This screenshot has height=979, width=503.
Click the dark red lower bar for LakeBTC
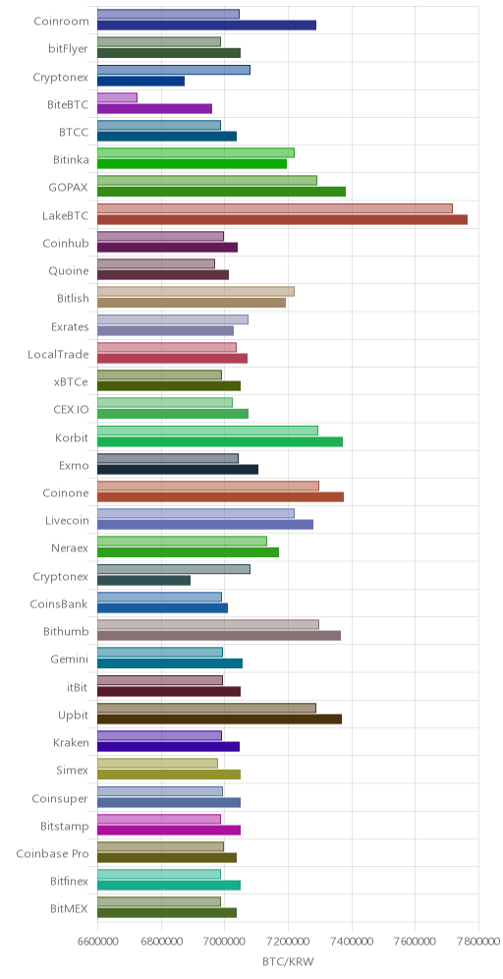(282, 219)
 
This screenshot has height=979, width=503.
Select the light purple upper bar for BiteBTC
(117, 97)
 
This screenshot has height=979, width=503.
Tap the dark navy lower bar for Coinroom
(206, 25)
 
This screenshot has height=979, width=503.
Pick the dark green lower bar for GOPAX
(222, 192)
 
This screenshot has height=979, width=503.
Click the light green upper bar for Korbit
(208, 431)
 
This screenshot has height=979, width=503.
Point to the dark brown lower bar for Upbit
(220, 720)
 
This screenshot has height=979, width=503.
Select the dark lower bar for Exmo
(178, 470)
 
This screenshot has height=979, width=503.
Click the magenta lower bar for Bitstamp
(169, 830)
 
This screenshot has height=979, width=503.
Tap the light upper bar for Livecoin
(196, 513)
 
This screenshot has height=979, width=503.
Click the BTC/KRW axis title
(288, 961)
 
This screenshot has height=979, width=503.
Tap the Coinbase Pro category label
(52, 853)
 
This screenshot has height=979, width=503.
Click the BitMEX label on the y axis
(70, 909)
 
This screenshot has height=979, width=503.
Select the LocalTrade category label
(58, 355)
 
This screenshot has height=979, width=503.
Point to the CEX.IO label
(71, 410)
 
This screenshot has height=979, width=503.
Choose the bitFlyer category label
(69, 49)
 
